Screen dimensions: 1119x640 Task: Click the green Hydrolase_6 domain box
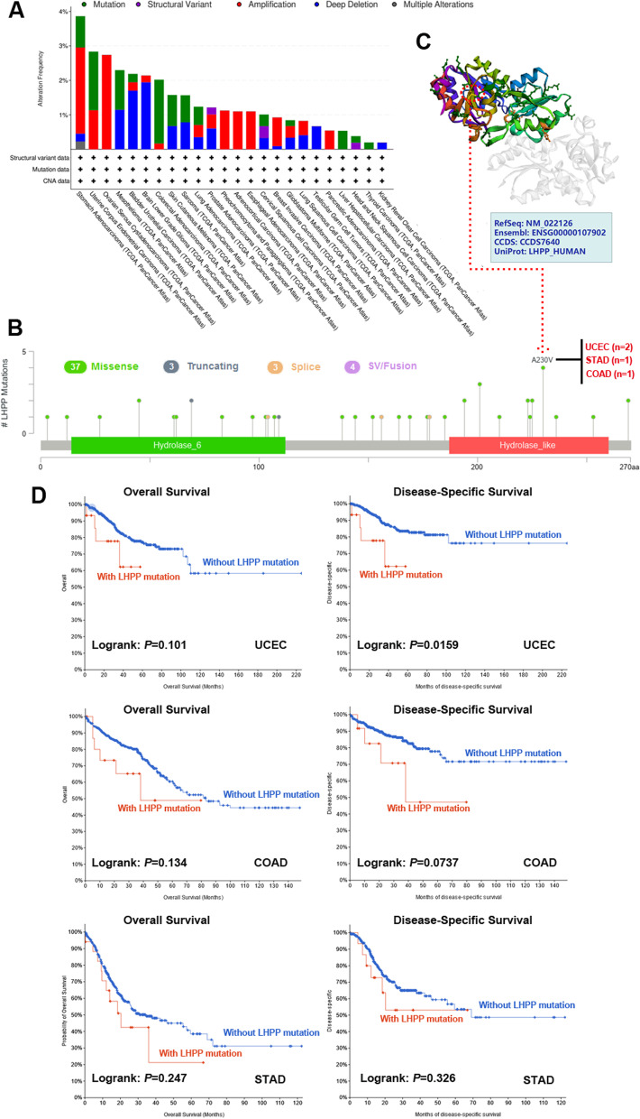(x=178, y=445)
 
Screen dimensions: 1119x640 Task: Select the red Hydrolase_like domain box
(x=528, y=445)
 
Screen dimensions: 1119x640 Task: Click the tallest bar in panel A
(x=80, y=82)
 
